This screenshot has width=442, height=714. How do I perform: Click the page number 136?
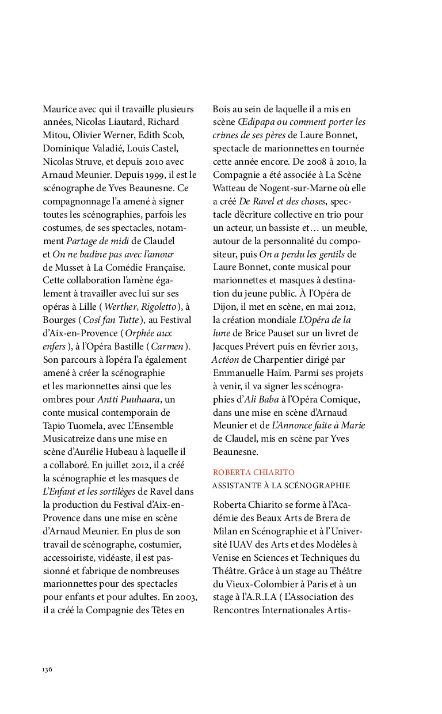[47, 669]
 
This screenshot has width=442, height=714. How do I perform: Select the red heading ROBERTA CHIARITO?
[254, 473]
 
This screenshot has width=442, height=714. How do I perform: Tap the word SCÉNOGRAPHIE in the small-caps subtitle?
[315, 486]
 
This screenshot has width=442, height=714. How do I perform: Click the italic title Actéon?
[225, 360]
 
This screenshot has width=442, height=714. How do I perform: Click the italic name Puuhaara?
[140, 399]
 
